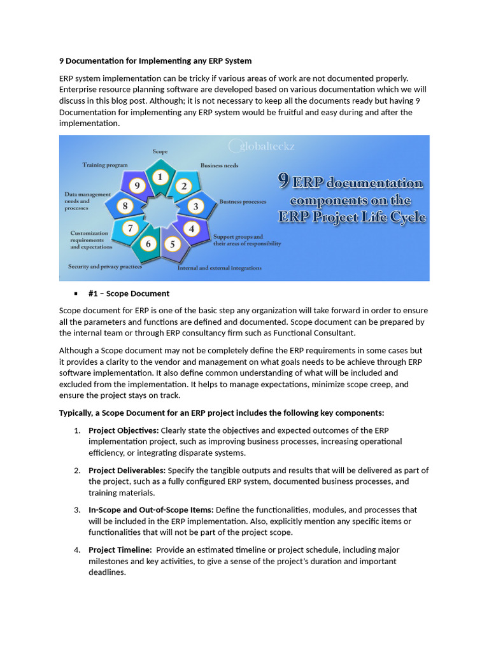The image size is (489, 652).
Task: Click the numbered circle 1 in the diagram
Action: (x=160, y=176)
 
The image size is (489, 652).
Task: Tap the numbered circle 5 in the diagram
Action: (x=171, y=244)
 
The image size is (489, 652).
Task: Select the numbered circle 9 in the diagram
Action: (x=136, y=186)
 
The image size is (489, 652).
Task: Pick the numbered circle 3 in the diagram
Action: (x=196, y=206)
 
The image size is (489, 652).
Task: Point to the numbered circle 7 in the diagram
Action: (x=130, y=228)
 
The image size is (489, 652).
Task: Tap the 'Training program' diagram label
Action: (x=105, y=165)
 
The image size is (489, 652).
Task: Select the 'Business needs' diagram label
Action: (x=220, y=166)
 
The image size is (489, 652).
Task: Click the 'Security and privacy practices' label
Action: (x=105, y=267)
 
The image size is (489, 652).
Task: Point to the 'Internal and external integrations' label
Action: (x=219, y=268)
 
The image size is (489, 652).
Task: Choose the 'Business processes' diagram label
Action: (x=243, y=202)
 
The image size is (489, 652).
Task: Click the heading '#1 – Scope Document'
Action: (x=129, y=294)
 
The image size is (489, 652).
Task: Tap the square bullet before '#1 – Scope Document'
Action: (x=75, y=294)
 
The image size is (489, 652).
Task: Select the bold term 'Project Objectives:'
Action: (x=124, y=430)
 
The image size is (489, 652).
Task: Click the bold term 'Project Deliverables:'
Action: (x=127, y=471)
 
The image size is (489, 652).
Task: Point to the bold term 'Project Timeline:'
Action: (x=120, y=549)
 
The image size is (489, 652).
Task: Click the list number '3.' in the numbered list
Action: (x=76, y=510)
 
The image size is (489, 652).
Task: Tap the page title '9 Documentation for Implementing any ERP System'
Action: (x=155, y=61)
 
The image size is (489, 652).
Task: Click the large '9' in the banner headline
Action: (x=286, y=182)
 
